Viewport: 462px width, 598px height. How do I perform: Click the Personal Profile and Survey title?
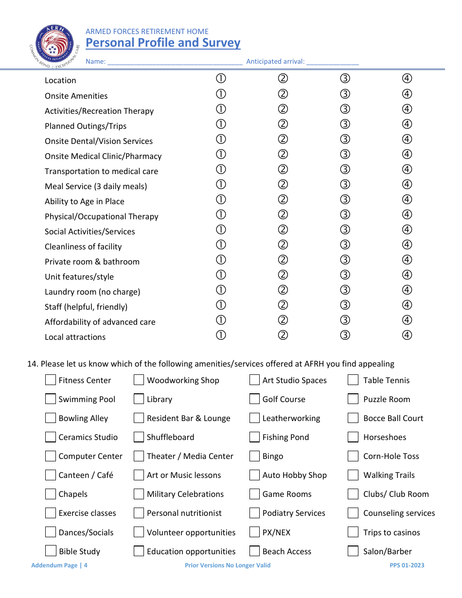(x=163, y=43)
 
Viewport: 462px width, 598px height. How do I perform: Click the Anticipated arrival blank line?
(x=333, y=62)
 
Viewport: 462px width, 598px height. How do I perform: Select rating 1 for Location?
(x=221, y=79)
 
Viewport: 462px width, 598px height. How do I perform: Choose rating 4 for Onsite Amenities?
(x=407, y=94)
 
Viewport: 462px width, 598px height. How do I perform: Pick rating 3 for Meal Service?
(x=345, y=184)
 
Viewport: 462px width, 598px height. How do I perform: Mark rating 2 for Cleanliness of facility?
(x=283, y=245)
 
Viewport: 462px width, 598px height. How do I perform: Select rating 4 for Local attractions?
(x=407, y=335)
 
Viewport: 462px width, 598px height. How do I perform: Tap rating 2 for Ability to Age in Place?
(x=283, y=199)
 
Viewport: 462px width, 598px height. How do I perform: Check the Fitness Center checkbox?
(x=51, y=380)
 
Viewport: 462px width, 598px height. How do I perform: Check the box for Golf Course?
(x=254, y=399)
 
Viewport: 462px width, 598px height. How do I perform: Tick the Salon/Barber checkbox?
(x=353, y=551)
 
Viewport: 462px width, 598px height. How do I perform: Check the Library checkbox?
(x=139, y=399)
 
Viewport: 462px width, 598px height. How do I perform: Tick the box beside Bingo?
(x=254, y=456)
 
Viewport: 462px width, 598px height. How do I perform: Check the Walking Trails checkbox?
(x=353, y=475)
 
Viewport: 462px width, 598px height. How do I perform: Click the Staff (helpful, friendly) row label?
(x=86, y=307)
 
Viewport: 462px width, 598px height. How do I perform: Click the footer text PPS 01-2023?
(x=407, y=565)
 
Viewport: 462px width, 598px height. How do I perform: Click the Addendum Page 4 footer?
(x=59, y=565)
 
